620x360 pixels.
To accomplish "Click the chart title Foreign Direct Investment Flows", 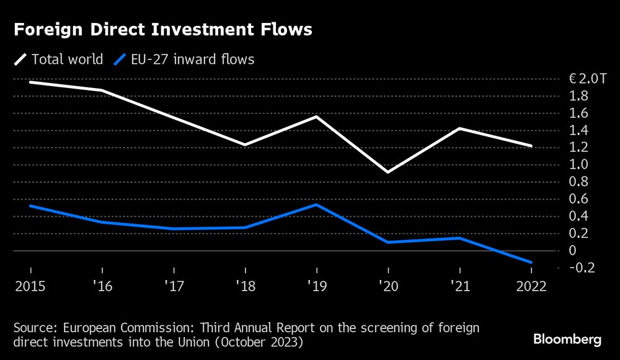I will click(x=162, y=30).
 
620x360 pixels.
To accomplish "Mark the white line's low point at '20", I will click(x=388, y=172).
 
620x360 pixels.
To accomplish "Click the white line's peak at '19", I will click(x=317, y=116).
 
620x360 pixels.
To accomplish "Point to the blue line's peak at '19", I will click(x=317, y=204).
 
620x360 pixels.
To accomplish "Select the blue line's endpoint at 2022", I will click(x=531, y=262).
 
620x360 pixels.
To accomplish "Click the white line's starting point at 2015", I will click(x=30, y=82).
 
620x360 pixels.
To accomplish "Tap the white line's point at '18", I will click(x=246, y=144).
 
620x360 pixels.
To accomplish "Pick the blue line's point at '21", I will click(x=459, y=238).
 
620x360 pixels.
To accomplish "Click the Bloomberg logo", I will click(x=567, y=340).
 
